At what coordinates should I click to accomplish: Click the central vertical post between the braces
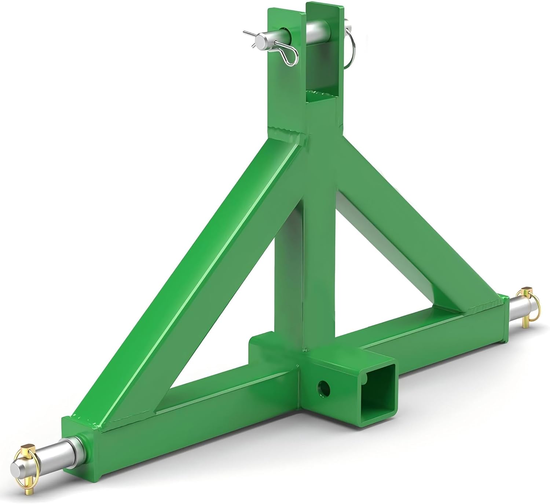tap(319, 238)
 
